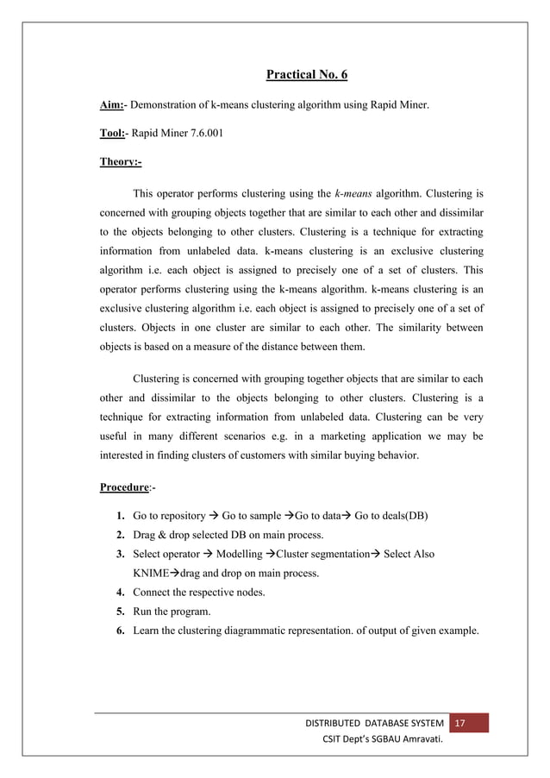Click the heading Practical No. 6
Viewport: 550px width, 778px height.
pyautogui.click(x=306, y=75)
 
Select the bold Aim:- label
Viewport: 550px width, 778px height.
pyautogui.click(x=114, y=105)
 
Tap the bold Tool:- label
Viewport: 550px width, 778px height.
pyautogui.click(x=115, y=134)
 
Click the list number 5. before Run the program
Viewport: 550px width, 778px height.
pyautogui.click(x=122, y=610)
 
